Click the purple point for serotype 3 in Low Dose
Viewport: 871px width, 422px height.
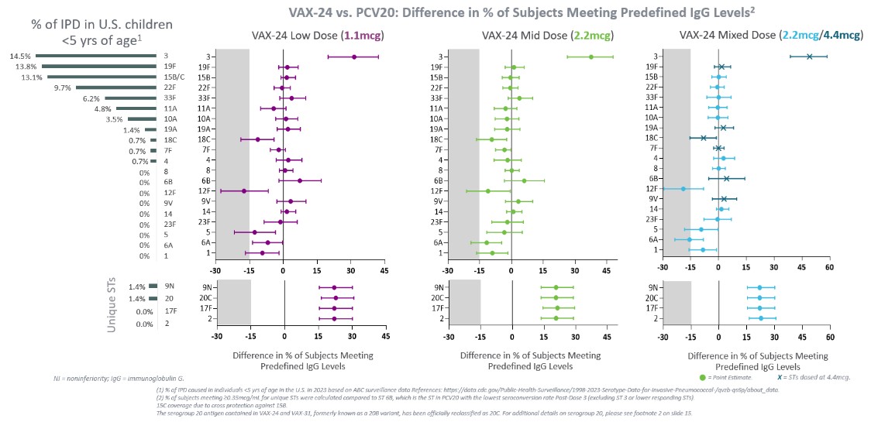click(354, 57)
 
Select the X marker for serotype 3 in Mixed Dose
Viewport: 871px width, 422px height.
click(809, 57)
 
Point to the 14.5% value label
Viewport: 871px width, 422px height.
click(20, 56)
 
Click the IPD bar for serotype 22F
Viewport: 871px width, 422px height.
click(116, 87)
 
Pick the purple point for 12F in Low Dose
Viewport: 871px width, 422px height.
click(244, 190)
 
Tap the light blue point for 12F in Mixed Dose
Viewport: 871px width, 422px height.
click(683, 188)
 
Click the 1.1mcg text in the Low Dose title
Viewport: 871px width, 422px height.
click(364, 36)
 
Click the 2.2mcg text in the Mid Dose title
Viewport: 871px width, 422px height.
click(590, 36)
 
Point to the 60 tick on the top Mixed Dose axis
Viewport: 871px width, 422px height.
click(829, 269)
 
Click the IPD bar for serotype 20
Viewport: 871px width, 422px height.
click(153, 298)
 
